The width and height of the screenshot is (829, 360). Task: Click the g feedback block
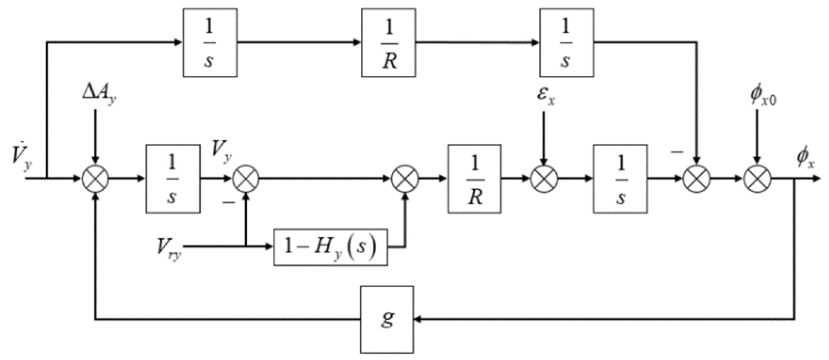click(387, 319)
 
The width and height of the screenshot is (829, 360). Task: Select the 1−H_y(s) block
click(330, 247)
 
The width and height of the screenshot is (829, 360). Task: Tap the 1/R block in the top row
click(388, 42)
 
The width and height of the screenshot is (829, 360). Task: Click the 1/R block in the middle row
click(474, 179)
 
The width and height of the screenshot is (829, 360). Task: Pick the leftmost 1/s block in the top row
click(210, 42)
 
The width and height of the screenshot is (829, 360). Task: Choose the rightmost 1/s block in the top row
click(566, 42)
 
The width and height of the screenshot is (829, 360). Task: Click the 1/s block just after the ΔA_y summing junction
click(173, 179)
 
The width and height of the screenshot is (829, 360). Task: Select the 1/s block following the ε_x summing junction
click(620, 179)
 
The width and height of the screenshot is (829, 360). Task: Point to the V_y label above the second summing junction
click(221, 150)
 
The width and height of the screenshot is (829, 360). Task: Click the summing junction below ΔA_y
click(95, 179)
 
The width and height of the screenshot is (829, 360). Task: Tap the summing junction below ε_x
click(544, 179)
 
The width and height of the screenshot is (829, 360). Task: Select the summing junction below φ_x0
click(757, 179)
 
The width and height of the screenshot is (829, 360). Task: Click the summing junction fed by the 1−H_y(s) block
click(405, 179)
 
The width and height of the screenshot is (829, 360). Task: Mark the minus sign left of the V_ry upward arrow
click(229, 202)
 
